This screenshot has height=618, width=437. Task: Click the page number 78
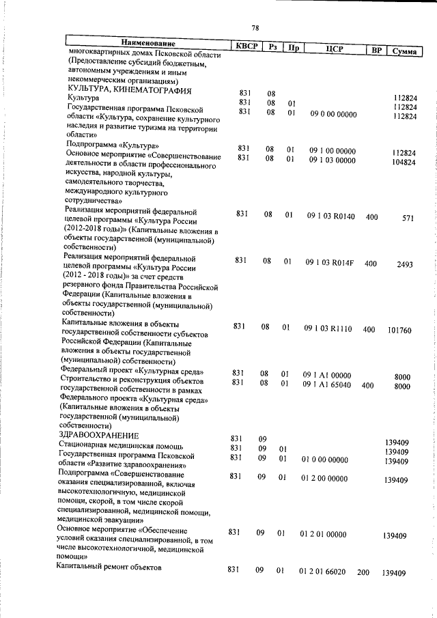coord(255,28)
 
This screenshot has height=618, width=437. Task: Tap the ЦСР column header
coord(334,48)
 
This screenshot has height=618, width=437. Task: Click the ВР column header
coord(375,51)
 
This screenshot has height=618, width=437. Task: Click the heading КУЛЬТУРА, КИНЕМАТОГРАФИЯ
coord(128,90)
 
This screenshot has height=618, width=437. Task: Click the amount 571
coord(408,219)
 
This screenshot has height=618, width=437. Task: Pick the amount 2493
coord(404,265)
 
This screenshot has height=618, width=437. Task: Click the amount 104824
coord(401,163)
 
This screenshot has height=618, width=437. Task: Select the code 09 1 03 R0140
coord(330,215)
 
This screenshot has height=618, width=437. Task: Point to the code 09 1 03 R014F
coord(330,262)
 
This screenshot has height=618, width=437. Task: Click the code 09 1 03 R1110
coord(328,328)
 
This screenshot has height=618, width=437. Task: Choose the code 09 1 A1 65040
coord(328,384)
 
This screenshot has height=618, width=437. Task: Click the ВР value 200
coord(363,572)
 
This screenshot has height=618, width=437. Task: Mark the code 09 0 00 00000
coord(333,114)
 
